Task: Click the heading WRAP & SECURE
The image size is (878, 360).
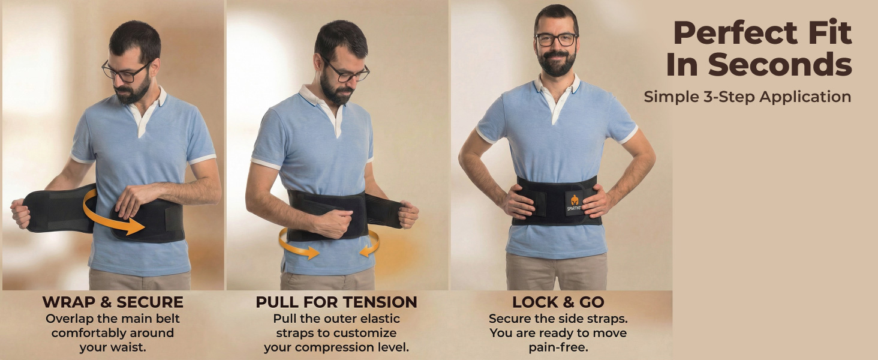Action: (113, 302)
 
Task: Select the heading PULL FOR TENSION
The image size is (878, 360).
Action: (336, 302)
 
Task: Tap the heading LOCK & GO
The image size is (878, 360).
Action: (558, 302)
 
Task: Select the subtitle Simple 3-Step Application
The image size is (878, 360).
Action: (747, 97)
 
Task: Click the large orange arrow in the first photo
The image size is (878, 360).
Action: (114, 215)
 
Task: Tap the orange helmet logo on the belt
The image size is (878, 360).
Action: (575, 200)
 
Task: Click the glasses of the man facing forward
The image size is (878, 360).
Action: (557, 40)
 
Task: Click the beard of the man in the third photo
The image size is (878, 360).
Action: (557, 63)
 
